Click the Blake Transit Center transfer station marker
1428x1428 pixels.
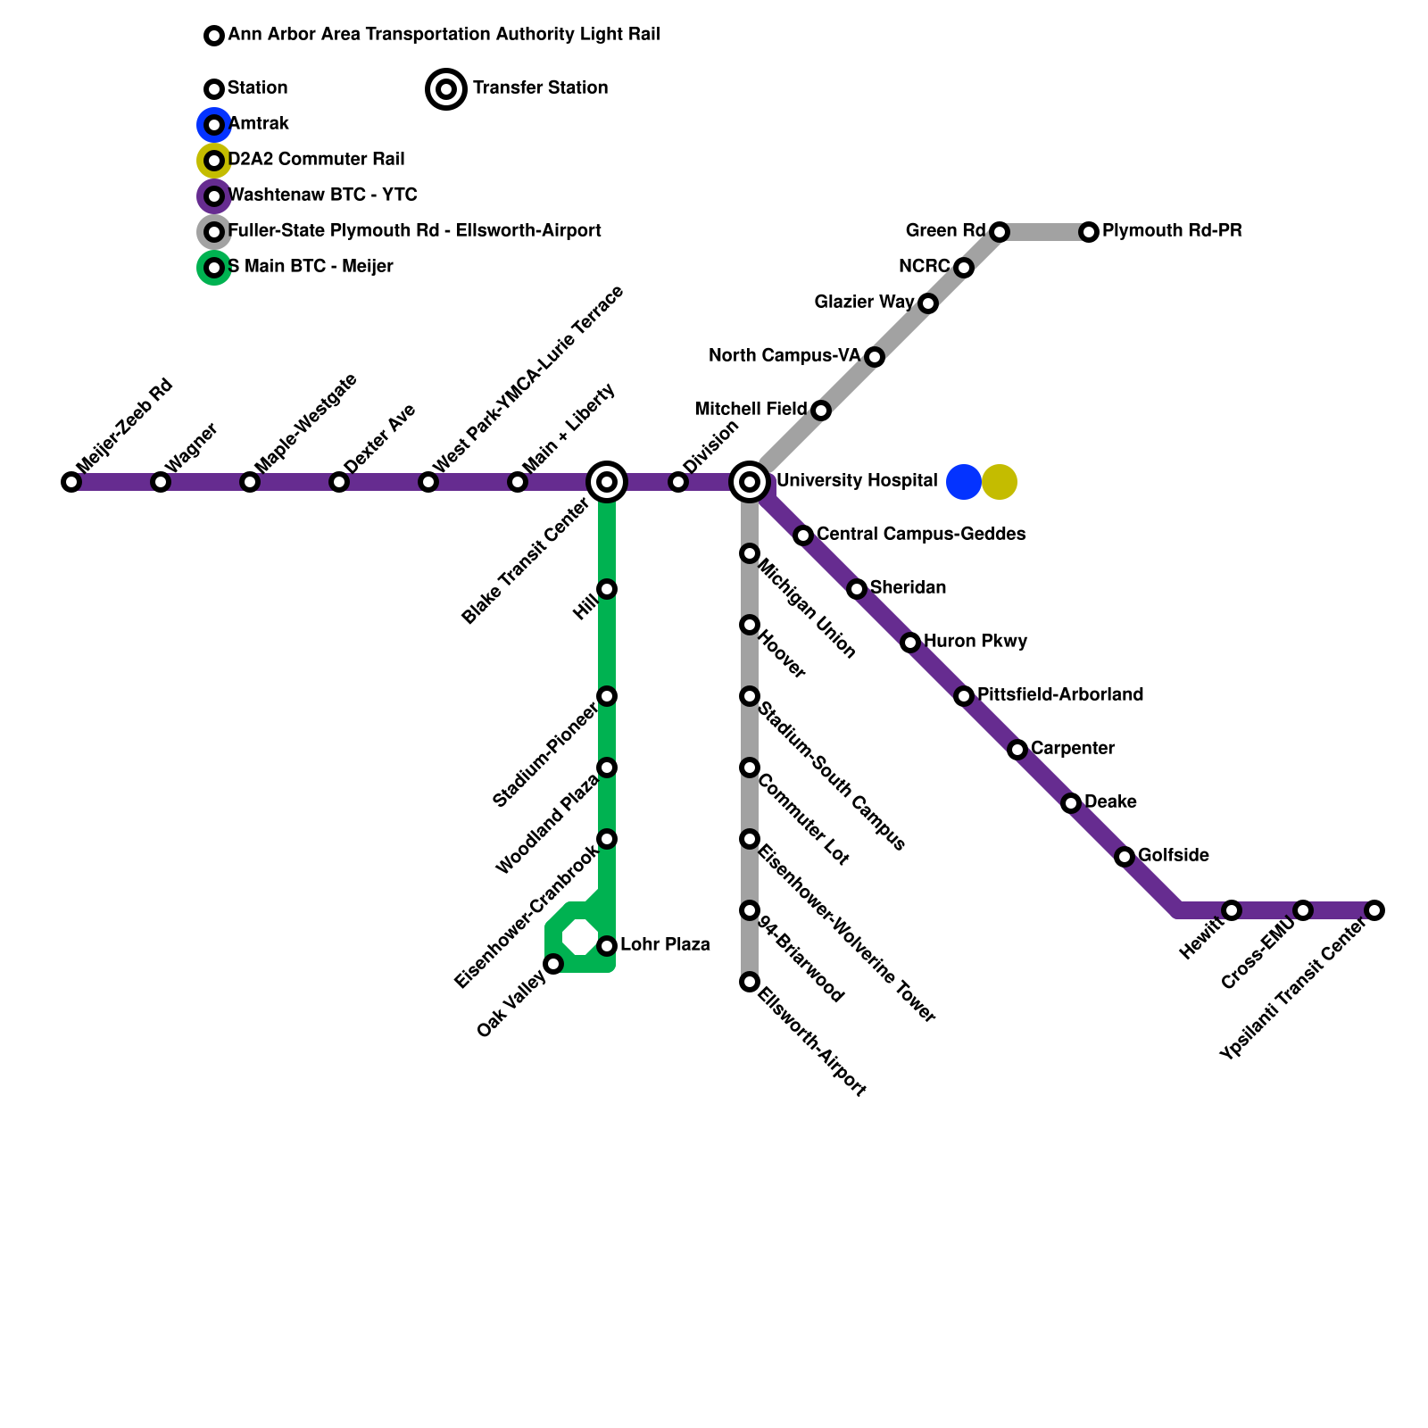[607, 482]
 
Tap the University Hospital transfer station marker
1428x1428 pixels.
[751, 482]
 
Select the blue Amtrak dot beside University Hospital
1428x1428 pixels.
[964, 482]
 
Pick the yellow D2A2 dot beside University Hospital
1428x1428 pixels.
[1000, 482]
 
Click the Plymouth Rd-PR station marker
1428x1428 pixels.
[1089, 232]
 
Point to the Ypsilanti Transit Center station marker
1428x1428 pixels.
[1374, 910]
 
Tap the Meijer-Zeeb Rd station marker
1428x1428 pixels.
[71, 482]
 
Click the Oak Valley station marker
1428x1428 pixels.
[553, 964]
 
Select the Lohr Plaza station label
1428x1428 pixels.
[665, 944]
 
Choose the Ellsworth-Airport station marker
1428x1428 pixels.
[750, 982]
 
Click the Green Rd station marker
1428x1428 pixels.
[1000, 232]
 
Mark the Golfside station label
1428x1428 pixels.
[1174, 855]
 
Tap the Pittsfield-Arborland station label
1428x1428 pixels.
[1060, 694]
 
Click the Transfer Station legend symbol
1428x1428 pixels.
[446, 89]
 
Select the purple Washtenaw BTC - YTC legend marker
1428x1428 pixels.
[214, 196]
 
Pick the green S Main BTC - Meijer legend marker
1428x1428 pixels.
[214, 268]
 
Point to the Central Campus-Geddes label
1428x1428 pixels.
[921, 534]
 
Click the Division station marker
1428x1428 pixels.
[678, 482]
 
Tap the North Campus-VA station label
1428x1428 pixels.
[785, 356]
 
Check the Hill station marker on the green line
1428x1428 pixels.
[607, 589]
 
